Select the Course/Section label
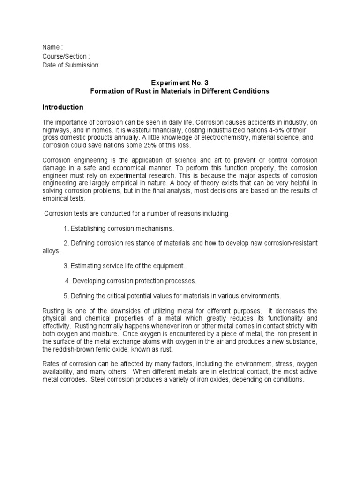pyautogui.click(x=65, y=56)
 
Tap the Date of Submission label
pyautogui.click(x=71, y=65)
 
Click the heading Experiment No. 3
pyautogui.click(x=179, y=82)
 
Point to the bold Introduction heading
pyautogui.click(x=63, y=107)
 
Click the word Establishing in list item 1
pyautogui.click(x=90, y=228)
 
